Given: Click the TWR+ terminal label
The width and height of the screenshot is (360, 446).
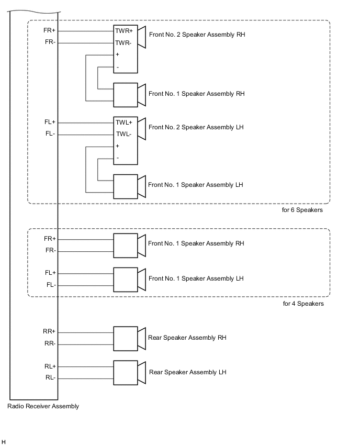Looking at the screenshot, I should pos(124,31).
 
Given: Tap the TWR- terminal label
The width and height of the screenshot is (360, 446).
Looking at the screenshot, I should pos(123,43).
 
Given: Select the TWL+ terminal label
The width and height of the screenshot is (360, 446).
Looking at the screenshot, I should pos(124,122).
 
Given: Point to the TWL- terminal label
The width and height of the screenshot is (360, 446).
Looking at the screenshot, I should pos(123,135).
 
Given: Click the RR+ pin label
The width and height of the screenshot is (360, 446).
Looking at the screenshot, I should pos(50,331).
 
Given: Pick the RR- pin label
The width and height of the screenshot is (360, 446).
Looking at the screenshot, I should pos(50,344).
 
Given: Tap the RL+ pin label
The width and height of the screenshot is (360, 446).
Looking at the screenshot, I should pos(50,366).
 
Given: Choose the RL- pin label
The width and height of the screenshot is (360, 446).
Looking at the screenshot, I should pos(50,378).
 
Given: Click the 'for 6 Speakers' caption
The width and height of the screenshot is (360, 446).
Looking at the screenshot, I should pos(302,210).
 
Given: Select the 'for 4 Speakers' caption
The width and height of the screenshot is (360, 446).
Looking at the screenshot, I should pos(303,304).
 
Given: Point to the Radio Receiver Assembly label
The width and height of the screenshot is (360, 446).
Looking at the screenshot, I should pos(43,406).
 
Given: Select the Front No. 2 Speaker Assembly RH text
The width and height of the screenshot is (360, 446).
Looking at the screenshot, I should pos(197,35).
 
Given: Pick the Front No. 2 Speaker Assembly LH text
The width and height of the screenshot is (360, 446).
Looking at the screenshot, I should pos(196,127).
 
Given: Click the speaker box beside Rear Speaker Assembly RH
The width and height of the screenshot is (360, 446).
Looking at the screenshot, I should pos(126,338).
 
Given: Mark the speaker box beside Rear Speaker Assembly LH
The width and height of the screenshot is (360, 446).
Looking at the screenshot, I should pos(126,372).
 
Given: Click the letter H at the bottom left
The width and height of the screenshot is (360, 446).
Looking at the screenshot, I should pos(4,442).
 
